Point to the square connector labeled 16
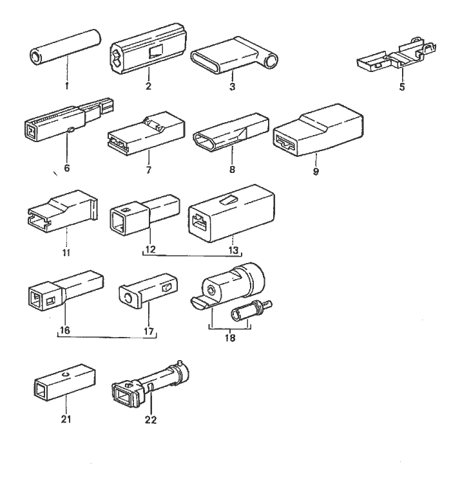[62, 291]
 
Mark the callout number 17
[149, 332]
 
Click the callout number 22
[150, 421]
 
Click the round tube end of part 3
[272, 60]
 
